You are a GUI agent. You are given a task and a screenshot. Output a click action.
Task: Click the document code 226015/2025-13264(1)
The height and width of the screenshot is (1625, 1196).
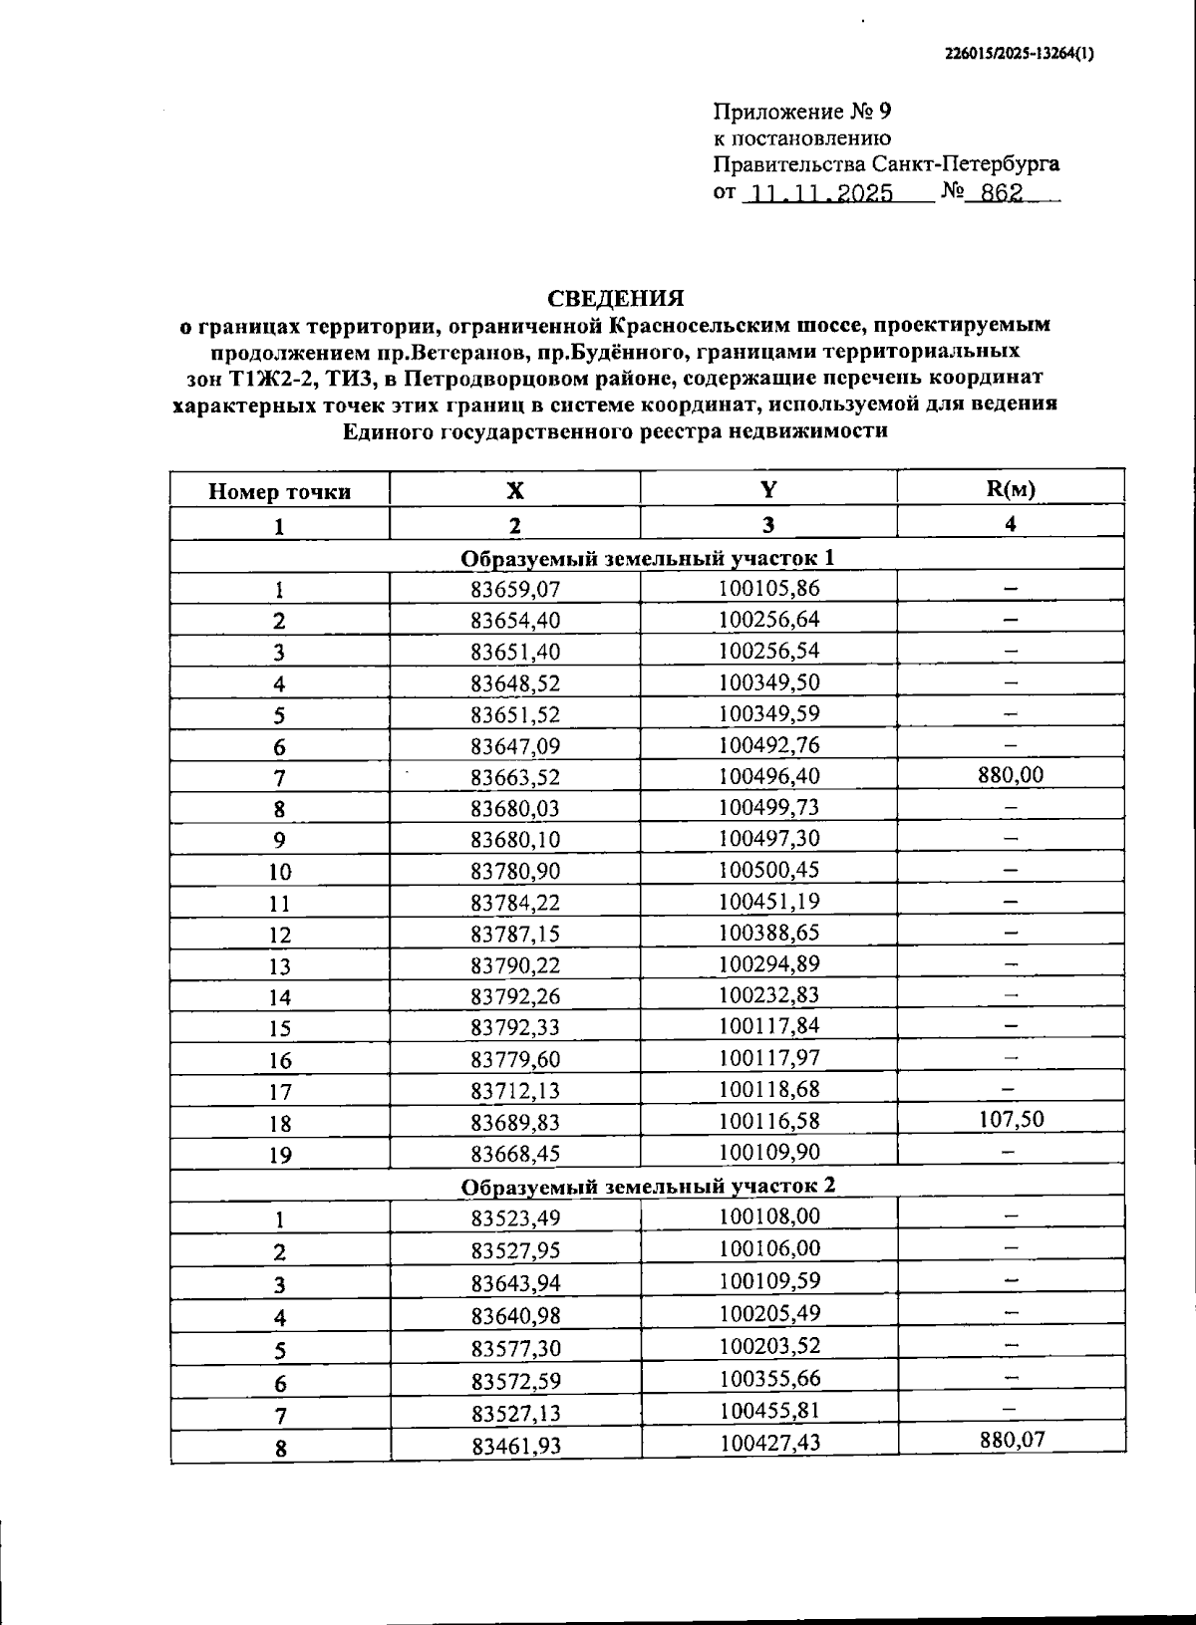tap(1019, 56)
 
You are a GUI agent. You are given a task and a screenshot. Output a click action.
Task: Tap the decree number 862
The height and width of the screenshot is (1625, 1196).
tap(1001, 193)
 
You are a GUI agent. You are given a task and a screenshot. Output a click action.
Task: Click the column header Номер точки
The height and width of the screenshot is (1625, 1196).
tap(279, 491)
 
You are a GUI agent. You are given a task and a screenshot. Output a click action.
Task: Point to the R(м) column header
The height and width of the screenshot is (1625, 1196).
tap(1010, 489)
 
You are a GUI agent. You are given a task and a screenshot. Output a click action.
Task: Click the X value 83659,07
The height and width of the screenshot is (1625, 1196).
tap(515, 589)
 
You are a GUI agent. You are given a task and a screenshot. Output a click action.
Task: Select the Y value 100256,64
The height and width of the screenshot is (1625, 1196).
tap(768, 619)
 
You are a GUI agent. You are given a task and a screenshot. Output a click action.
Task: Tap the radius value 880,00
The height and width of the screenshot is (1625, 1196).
tap(1011, 774)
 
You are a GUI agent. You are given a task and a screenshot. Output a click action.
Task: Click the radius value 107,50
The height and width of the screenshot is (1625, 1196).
tap(1011, 1119)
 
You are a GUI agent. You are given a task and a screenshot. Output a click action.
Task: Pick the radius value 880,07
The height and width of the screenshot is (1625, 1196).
tap(1011, 1439)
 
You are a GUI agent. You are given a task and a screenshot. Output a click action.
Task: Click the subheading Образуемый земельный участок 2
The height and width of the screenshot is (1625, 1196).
tap(648, 1186)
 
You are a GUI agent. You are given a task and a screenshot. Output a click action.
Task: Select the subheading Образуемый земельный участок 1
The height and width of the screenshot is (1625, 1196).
tap(648, 558)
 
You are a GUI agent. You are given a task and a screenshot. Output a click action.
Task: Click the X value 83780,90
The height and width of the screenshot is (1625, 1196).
tap(515, 872)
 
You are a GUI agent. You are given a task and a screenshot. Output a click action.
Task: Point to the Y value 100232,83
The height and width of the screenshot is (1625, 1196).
tap(768, 994)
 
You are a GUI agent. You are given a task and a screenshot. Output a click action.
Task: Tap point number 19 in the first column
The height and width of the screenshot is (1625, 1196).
tap(280, 1156)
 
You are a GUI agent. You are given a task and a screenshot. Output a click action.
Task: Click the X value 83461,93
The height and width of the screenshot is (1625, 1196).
tap(515, 1446)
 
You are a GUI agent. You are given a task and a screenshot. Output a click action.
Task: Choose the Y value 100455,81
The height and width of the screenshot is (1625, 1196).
tap(768, 1410)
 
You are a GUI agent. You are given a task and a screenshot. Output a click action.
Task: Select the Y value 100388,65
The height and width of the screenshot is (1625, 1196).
tap(768, 932)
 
